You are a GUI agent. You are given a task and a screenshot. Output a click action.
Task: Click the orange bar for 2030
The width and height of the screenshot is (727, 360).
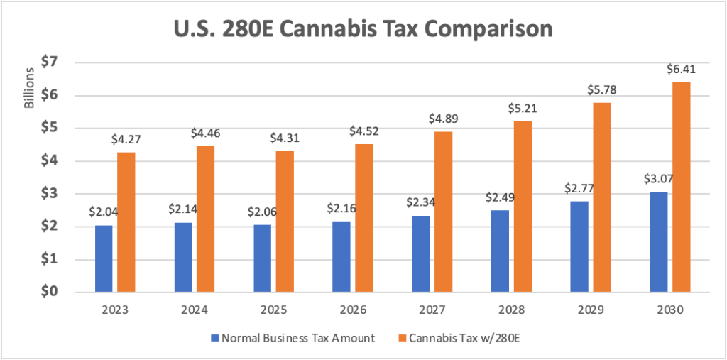pos(681,187)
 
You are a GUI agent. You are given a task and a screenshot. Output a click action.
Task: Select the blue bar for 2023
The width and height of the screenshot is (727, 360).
pos(104,258)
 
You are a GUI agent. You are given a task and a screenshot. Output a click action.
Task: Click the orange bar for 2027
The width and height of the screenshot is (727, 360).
pos(443,212)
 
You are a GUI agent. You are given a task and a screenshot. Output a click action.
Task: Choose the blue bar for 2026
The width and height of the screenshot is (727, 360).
pos(341,256)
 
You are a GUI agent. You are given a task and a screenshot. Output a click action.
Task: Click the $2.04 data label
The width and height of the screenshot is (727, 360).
pos(103,212)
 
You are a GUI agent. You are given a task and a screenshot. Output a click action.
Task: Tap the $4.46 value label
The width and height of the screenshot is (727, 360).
pos(205,133)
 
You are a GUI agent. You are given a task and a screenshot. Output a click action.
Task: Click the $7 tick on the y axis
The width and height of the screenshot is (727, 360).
pos(50,62)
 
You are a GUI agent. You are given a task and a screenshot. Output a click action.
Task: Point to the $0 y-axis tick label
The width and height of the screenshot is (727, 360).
pos(50,292)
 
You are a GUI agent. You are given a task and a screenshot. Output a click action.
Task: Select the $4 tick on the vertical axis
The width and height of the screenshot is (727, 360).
pos(50,161)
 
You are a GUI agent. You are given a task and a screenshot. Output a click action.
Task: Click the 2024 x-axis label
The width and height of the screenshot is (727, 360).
pos(195,310)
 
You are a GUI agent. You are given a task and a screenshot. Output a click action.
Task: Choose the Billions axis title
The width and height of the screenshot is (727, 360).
pos(29,89)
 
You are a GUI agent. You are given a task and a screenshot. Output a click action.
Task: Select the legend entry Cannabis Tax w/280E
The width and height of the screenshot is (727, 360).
pos(468,338)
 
